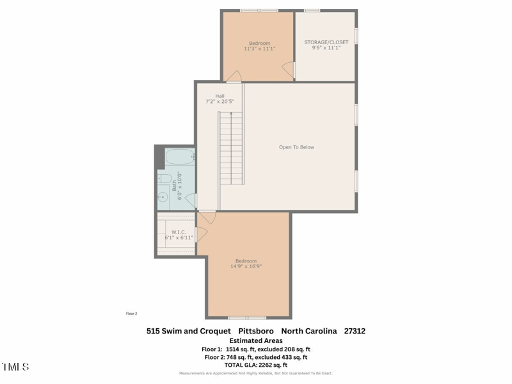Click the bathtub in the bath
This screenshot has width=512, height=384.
point(180,157)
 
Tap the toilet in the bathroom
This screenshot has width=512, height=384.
point(165,179)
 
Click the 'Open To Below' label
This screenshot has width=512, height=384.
point(296,147)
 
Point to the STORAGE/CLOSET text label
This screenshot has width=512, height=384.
point(326,42)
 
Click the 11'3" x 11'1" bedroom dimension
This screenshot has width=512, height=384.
point(259,49)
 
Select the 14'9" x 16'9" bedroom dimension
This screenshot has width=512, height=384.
point(246,266)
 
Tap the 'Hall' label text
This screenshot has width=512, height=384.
point(220,96)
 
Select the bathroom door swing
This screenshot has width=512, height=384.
point(190,200)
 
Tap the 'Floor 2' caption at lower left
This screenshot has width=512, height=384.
point(131,314)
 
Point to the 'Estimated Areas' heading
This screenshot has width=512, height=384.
point(255,340)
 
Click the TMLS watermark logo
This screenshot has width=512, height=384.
point(15,367)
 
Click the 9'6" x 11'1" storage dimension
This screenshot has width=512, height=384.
point(326,49)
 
